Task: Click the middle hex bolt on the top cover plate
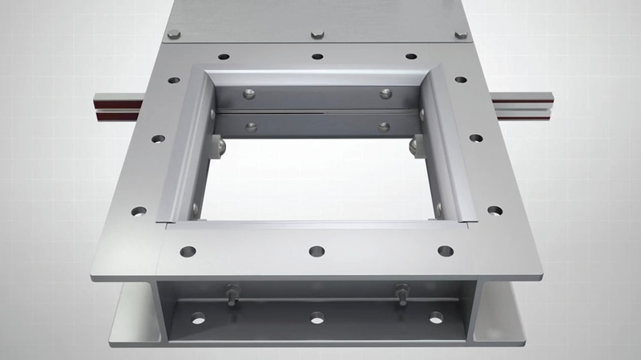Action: click(x=317, y=34)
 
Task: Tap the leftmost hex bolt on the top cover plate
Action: click(x=174, y=34)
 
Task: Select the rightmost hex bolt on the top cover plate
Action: click(x=461, y=34)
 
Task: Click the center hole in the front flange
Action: click(x=316, y=251)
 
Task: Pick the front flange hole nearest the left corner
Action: click(x=188, y=251)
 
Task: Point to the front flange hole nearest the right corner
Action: click(x=445, y=251)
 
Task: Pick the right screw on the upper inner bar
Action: click(x=385, y=94)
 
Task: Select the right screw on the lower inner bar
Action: click(x=384, y=127)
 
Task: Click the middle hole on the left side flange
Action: click(x=159, y=139)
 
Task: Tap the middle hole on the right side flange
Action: click(x=476, y=138)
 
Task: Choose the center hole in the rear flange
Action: click(x=317, y=57)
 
